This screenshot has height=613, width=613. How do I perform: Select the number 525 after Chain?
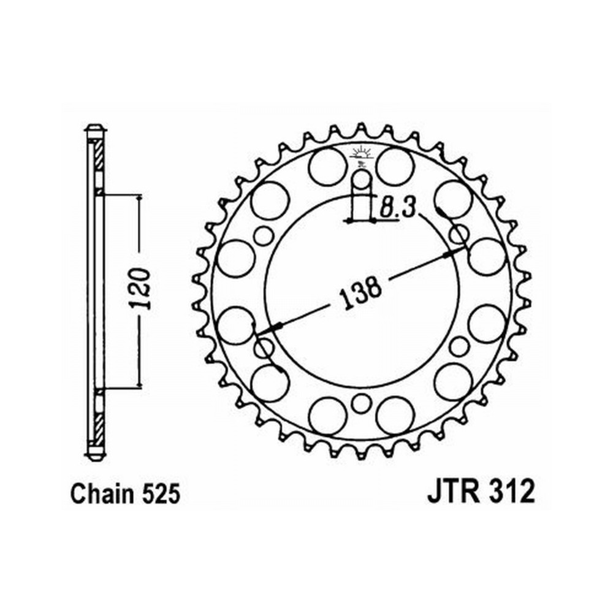coord(161,494)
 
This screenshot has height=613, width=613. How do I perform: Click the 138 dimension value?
coord(360,291)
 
